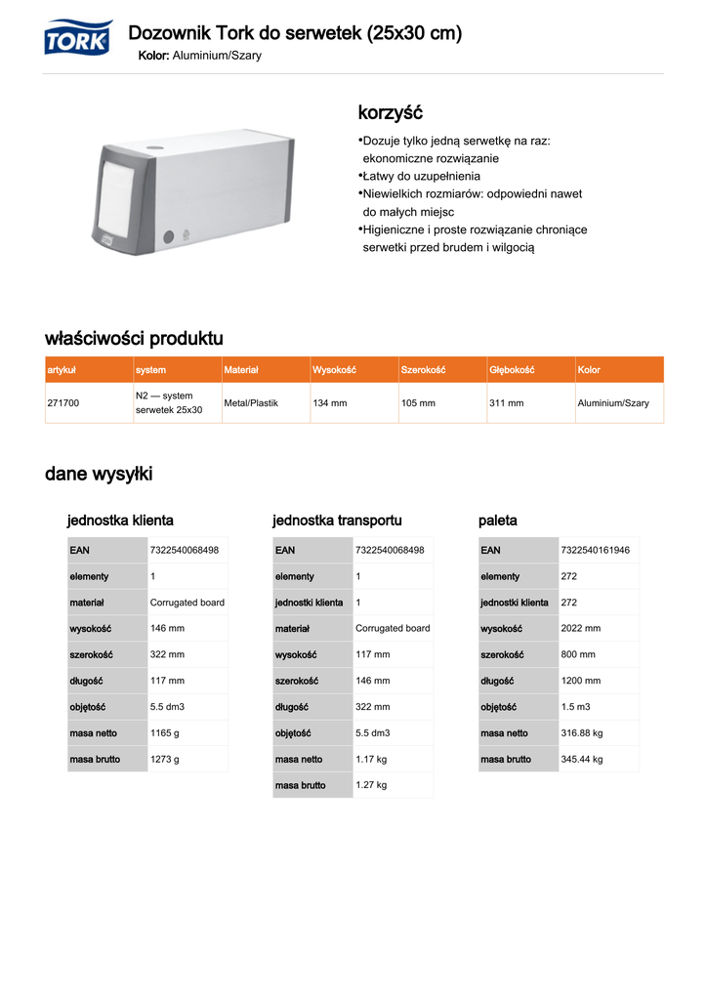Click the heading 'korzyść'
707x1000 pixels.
click(391, 113)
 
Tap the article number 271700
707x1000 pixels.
click(63, 403)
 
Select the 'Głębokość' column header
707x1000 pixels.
click(512, 370)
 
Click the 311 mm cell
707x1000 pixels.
click(506, 403)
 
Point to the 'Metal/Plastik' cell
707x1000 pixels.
click(251, 403)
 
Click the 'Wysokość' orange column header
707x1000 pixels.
click(334, 370)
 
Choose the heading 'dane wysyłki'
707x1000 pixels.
click(99, 475)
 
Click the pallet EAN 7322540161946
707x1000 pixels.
click(596, 551)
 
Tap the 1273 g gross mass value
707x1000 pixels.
click(165, 759)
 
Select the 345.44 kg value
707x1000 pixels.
click(582, 759)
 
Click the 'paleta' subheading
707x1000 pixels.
click(498, 521)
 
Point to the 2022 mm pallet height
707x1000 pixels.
click(581, 629)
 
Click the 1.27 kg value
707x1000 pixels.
click(371, 785)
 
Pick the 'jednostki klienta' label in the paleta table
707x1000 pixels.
click(514, 603)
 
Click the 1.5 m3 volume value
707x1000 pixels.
click(575, 707)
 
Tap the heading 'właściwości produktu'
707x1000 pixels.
click(134, 339)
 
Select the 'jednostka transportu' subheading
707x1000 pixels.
click(337, 521)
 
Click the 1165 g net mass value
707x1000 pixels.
click(165, 733)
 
